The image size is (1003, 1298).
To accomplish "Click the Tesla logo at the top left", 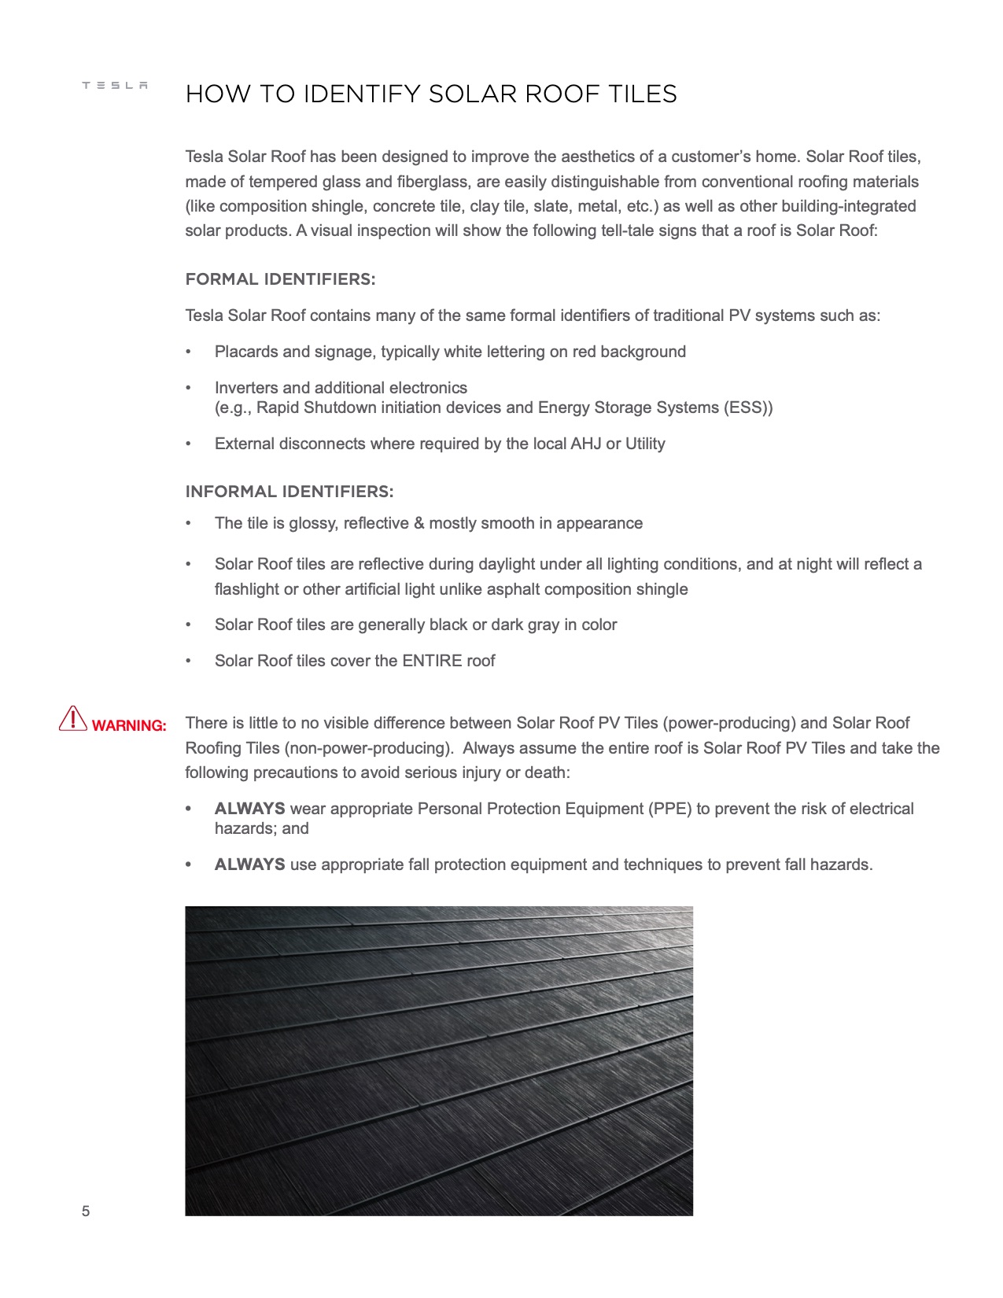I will (x=115, y=86).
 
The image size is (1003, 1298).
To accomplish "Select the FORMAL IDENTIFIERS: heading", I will (x=280, y=279).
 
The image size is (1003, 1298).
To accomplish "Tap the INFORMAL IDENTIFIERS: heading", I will (x=289, y=492).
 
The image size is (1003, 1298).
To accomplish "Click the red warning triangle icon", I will (x=72, y=719).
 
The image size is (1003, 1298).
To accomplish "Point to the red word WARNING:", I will (x=129, y=726).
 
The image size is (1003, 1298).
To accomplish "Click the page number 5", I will (x=86, y=1211).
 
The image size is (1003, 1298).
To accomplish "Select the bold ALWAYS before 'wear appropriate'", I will (x=249, y=809).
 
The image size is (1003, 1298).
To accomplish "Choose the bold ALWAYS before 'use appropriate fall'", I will (x=249, y=865).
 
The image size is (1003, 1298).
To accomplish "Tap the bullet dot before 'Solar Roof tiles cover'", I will (x=188, y=662).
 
